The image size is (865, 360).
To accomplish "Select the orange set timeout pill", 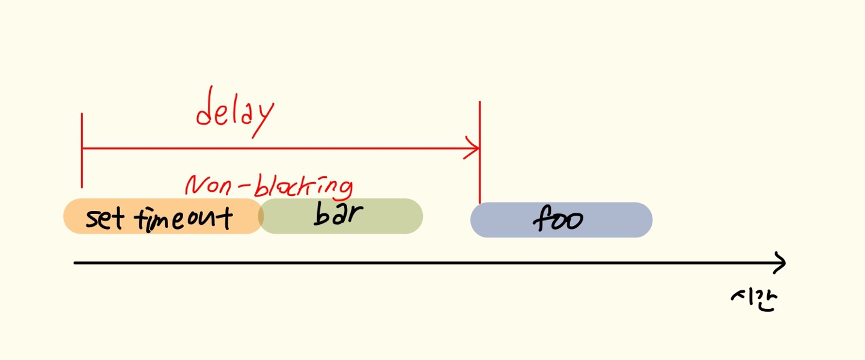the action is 162,216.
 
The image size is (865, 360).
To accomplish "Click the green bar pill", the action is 341,216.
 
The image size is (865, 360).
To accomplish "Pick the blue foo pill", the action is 561,220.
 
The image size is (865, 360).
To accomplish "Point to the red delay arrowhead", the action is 475,148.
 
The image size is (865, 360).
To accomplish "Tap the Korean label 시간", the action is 754,298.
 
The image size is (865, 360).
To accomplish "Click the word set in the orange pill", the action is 105,219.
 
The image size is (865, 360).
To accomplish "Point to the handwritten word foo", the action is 557,219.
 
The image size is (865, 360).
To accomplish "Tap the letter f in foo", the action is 539,219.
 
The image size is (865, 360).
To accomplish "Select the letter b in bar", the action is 320,215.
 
